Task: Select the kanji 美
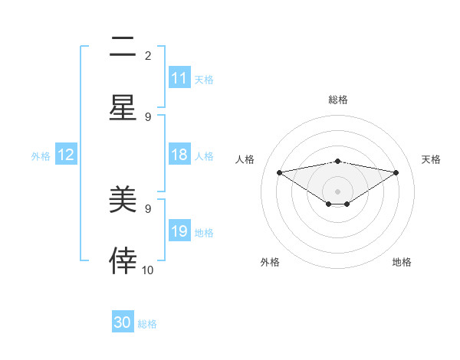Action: pos(123,201)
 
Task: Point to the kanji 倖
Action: pos(123,262)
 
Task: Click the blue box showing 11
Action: pos(179,78)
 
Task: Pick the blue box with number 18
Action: pos(179,155)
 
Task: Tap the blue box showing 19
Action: pos(179,231)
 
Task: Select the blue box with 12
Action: pos(66,155)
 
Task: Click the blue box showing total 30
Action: pos(123,322)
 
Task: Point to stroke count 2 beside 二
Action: pos(147,55)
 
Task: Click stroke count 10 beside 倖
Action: pos(148,270)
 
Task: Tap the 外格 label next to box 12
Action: pos(41,155)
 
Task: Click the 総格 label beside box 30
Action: pos(147,324)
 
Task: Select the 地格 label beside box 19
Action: pos(204,232)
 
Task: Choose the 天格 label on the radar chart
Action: pos(431,159)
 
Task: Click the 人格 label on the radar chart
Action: pos(245,159)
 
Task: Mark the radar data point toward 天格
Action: pos(396,172)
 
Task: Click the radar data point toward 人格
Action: pos(280,172)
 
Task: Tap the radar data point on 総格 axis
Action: pos(338,161)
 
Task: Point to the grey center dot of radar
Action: pos(338,191)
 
